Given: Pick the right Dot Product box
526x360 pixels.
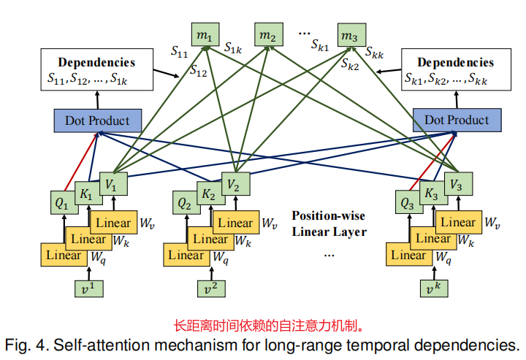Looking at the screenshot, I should (x=457, y=120).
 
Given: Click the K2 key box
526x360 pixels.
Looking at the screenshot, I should (x=208, y=195).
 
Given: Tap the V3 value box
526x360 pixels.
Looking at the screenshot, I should (x=455, y=185).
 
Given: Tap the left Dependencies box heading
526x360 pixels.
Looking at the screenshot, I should (x=96, y=62).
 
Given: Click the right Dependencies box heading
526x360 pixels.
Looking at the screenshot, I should (x=455, y=62).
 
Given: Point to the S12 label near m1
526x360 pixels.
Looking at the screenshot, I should (x=198, y=72).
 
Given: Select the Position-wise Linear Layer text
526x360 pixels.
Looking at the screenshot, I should (x=329, y=224).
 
